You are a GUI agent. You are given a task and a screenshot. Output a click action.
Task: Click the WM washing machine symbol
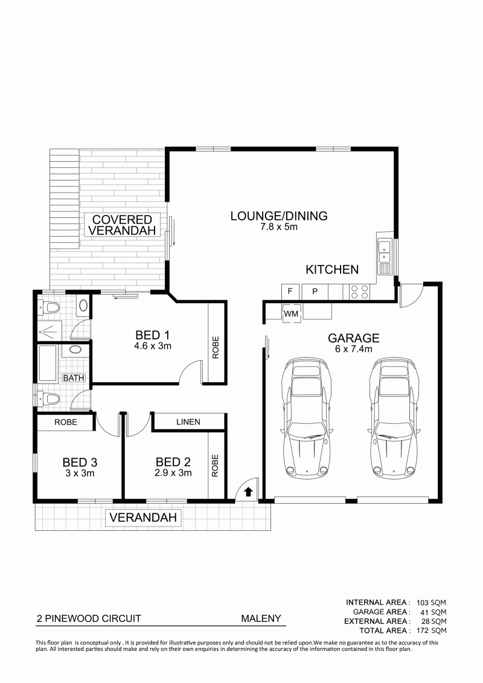coord(292,313)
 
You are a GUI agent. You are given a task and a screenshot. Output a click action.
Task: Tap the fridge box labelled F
coord(290,292)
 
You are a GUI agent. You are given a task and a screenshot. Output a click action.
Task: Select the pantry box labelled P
coord(315,292)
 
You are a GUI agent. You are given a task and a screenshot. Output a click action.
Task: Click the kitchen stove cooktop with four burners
coord(360,292)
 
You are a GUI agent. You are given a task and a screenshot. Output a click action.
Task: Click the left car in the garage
coord(305,418)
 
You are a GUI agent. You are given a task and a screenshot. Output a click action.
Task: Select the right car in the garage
coord(393,418)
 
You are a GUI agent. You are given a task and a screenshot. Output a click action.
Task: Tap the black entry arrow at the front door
coord(248,492)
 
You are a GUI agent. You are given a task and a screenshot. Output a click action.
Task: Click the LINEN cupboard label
coord(188,422)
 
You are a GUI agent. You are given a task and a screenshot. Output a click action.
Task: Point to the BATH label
coord(74,377)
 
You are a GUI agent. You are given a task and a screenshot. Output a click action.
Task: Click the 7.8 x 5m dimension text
coord(279,226)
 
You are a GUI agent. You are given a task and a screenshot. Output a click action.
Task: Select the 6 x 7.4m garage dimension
coord(354,349)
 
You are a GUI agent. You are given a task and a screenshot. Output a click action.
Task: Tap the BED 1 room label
coord(152,335)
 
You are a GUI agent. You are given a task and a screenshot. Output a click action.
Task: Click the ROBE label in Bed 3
coord(66,422)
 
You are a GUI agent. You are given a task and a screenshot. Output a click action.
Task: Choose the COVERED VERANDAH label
coord(122,225)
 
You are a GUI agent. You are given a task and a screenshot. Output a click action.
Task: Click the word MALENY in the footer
coord(261,618)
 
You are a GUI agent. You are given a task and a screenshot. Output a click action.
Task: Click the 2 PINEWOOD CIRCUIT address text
coord(89,618)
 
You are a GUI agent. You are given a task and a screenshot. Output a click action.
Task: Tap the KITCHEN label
coord(332,269)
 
